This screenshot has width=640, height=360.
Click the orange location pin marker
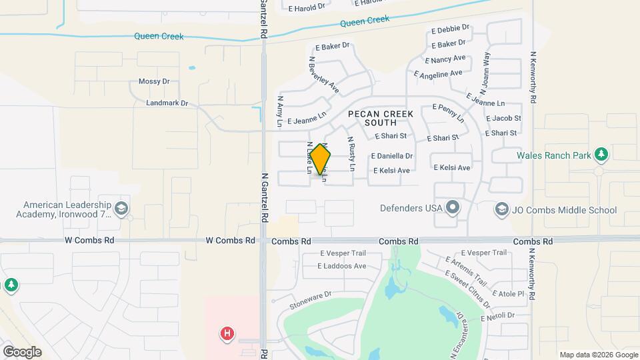[320, 159]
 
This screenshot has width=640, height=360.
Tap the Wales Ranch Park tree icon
[602, 155]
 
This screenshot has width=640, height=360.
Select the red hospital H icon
[228, 333]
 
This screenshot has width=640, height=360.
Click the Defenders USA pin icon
[453, 208]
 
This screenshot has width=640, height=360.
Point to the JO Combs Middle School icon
[501, 210]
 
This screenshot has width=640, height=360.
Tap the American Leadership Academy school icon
[121, 209]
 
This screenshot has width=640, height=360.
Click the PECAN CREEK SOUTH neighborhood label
[381, 118]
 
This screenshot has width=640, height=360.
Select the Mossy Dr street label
[154, 81]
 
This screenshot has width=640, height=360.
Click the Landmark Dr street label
[167, 103]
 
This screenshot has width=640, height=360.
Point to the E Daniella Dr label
[392, 155]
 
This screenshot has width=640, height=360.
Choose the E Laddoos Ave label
[342, 266]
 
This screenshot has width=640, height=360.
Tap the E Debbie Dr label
[451, 29]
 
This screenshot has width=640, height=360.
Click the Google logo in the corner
[22, 352]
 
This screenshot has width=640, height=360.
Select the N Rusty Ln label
[351, 153]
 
